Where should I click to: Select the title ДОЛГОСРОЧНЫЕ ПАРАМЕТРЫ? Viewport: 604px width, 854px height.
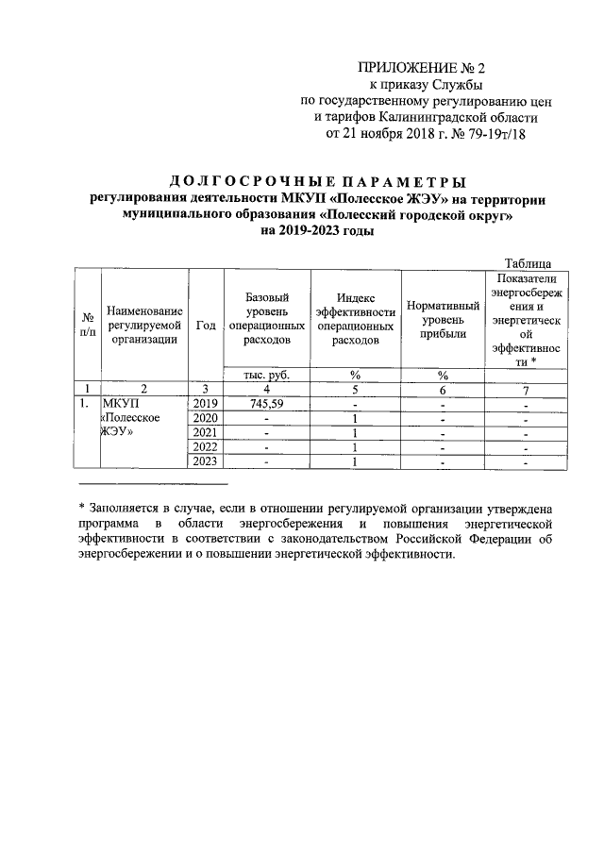[x=317, y=182]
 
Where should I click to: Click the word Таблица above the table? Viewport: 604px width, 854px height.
[x=534, y=262]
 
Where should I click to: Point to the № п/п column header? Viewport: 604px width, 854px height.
[x=88, y=324]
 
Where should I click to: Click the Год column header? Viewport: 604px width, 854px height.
[x=205, y=324]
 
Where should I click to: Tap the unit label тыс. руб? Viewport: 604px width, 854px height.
[x=266, y=375]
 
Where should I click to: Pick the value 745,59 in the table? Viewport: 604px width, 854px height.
[x=266, y=404]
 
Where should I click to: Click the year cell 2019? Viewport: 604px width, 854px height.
[x=205, y=404]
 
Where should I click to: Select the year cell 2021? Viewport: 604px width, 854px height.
[x=205, y=433]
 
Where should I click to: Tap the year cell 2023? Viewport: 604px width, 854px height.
[x=205, y=462]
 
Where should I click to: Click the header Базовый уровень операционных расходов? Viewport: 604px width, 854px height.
[x=266, y=318]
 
